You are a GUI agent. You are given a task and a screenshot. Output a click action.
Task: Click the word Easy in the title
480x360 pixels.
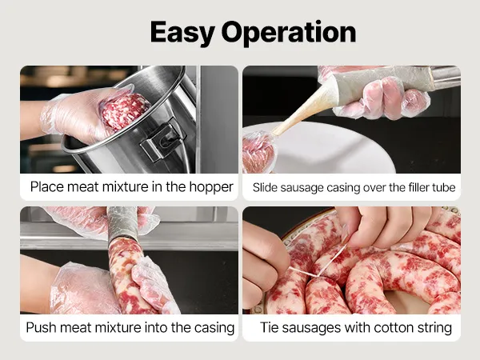pos(182,33)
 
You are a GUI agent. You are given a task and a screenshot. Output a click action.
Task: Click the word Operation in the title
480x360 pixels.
pos(289,33)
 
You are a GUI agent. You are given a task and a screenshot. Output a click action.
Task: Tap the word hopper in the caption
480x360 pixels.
pos(211,187)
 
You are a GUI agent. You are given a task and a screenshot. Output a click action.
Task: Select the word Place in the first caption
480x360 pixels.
pos(47,186)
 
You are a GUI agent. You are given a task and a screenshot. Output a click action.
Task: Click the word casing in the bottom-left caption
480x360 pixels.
pos(214,328)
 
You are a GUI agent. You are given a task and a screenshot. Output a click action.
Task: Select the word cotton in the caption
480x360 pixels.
pos(394,328)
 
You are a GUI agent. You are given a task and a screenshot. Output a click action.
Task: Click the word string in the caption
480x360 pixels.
pos(434,328)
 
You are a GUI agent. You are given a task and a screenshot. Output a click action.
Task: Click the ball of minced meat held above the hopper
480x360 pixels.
pos(124,112)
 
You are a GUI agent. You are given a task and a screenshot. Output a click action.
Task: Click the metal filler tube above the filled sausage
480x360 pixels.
pos(122,222)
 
